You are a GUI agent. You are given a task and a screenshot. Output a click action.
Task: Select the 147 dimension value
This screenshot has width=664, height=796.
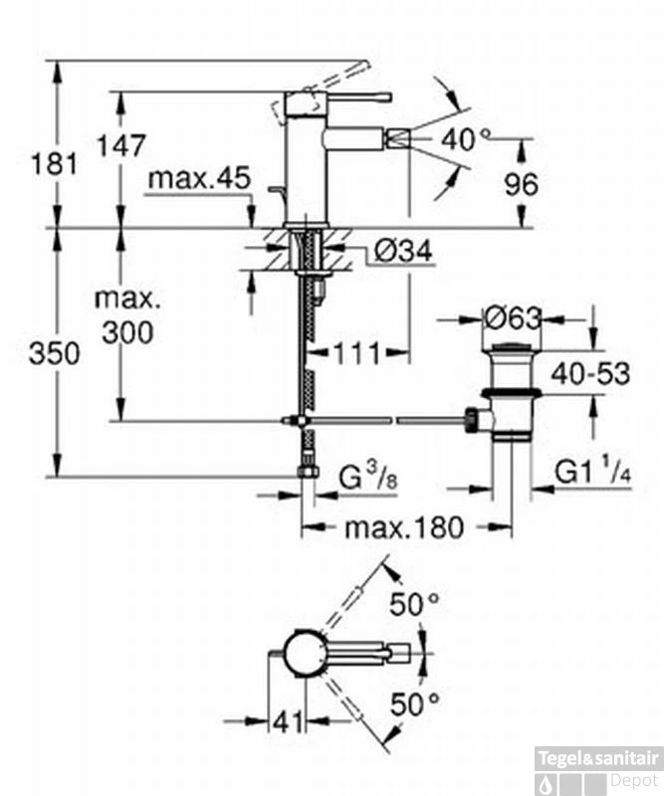121,145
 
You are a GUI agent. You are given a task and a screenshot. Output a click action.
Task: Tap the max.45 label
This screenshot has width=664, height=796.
197,179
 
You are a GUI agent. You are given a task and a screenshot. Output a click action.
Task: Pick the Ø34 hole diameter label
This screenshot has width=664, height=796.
403,254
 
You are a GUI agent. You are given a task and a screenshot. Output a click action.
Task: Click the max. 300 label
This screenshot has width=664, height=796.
125,315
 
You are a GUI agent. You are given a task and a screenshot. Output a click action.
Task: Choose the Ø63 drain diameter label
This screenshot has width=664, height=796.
512,319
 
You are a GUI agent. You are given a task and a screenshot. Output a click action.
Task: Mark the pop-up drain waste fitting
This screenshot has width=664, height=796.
513,393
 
